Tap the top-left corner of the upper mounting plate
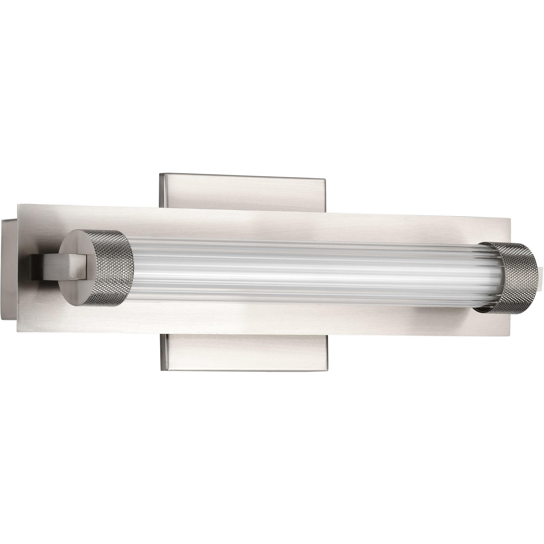(x=160, y=174)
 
